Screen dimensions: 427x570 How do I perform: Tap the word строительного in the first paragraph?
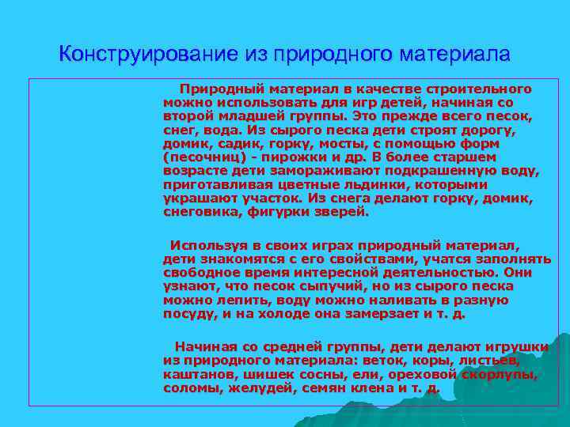tap(483, 90)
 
